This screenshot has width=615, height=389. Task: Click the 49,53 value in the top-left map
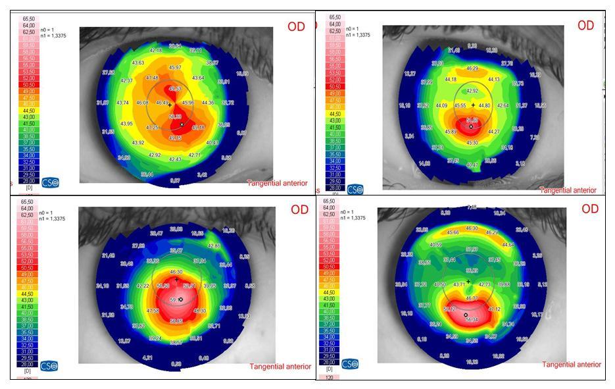[x=175, y=89]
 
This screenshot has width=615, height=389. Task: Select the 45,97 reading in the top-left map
[x=175, y=67]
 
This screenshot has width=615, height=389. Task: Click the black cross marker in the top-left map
[x=169, y=105]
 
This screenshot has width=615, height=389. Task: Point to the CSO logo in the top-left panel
[x=50, y=181]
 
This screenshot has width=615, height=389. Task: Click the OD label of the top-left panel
[x=297, y=27]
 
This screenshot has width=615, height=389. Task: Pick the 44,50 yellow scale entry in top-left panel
[x=28, y=111]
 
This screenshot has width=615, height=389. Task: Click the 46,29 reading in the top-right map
[x=472, y=68]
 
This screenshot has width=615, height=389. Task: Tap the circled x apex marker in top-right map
[x=471, y=126]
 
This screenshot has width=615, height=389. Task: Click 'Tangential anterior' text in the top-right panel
[x=568, y=190]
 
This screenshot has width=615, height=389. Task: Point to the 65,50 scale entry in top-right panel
[x=334, y=17]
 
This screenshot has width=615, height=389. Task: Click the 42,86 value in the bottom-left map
[x=214, y=245]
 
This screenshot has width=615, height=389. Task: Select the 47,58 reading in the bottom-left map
[x=152, y=310]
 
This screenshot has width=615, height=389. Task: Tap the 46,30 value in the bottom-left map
[x=176, y=271]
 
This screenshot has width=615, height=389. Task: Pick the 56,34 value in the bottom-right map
[x=471, y=320]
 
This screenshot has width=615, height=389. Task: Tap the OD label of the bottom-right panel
[x=590, y=209]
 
